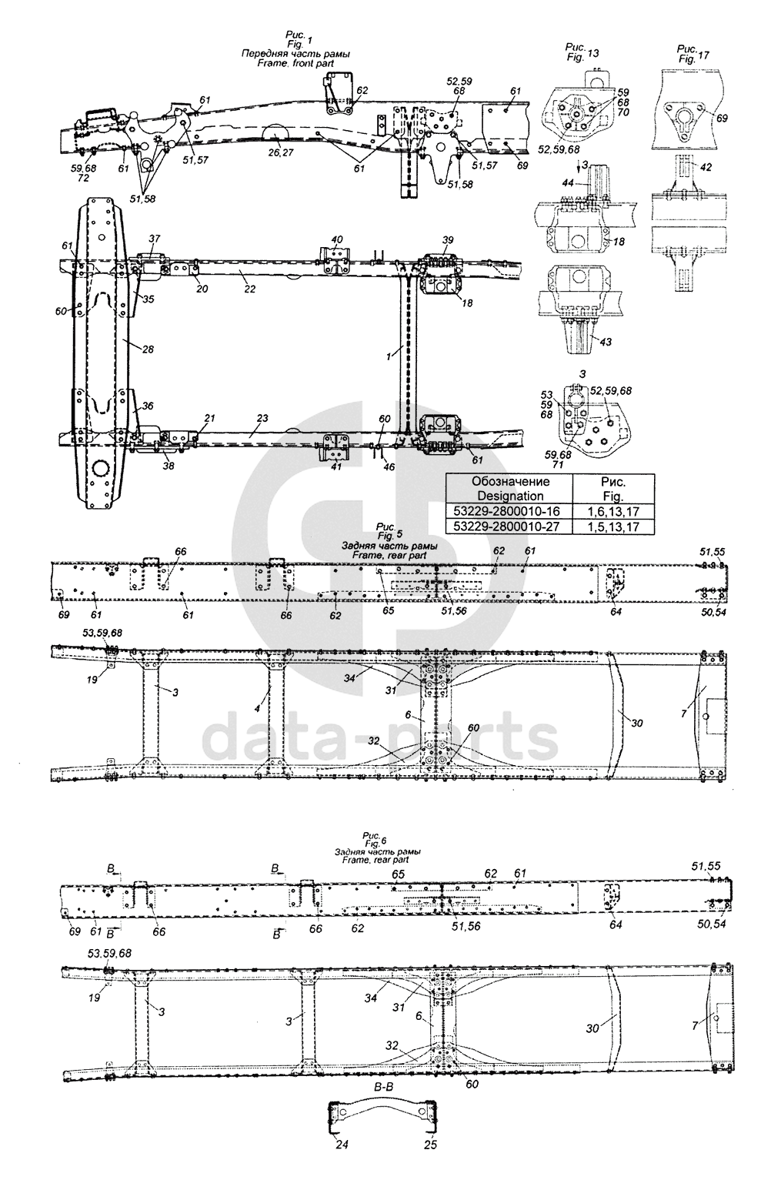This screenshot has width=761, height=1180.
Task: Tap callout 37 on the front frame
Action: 154,238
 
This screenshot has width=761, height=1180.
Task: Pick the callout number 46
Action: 389,466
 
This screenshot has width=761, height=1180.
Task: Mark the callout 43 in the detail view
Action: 606,342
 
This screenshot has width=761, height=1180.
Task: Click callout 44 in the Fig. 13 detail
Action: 568,182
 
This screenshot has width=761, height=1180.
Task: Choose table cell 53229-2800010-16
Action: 509,511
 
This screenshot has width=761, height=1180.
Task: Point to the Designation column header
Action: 509,489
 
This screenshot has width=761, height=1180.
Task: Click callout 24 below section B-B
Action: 341,1165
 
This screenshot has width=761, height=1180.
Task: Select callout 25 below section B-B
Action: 431,1165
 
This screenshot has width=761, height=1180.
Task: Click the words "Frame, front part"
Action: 295,64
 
